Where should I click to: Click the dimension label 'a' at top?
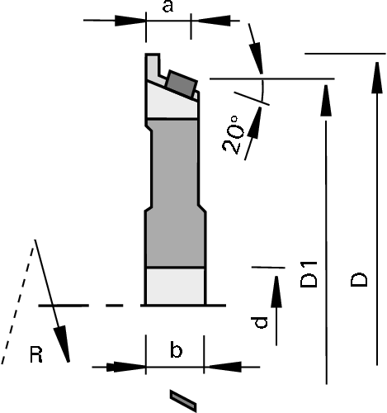168,7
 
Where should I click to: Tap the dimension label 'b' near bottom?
176,349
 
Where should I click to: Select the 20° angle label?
234,135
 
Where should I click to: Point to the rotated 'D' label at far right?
359,280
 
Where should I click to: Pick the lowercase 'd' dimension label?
259,322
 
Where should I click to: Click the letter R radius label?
36,355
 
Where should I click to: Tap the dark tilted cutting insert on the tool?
182,83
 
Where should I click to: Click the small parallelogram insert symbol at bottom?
183,401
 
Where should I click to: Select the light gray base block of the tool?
175,286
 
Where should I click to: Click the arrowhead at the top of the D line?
377,78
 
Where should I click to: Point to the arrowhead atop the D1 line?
326,101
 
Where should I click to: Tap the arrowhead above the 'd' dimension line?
276,292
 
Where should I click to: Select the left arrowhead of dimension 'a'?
130,21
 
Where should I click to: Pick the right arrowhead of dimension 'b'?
225,367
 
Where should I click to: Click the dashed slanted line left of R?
17,306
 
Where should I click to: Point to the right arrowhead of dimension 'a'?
214,21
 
